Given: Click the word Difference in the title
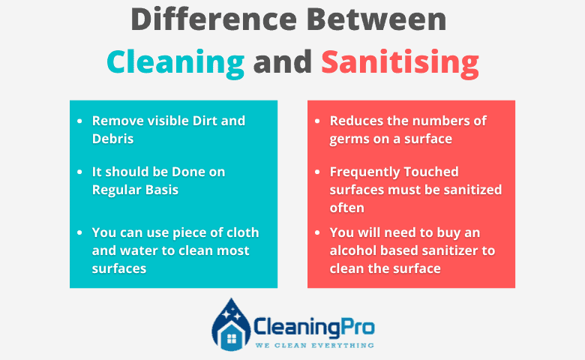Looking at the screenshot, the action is coord(214,19).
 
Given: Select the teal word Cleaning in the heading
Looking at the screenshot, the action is coord(175,63).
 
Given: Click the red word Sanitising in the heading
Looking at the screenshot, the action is coord(400,61).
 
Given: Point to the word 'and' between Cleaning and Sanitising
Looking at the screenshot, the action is coord(283,61).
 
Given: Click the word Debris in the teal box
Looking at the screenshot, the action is coord(112,139).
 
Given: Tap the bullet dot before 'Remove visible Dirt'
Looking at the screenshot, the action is coord(79,121).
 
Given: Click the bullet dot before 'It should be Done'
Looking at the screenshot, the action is coord(79,172).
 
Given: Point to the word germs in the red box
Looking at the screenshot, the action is coord(347,139).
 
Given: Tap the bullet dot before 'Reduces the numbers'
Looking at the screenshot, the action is coord(317,121).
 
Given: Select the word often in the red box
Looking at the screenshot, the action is coord(346,208).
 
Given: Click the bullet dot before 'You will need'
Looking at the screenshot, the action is coord(317,232).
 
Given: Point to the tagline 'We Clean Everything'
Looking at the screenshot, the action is coord(314,346).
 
